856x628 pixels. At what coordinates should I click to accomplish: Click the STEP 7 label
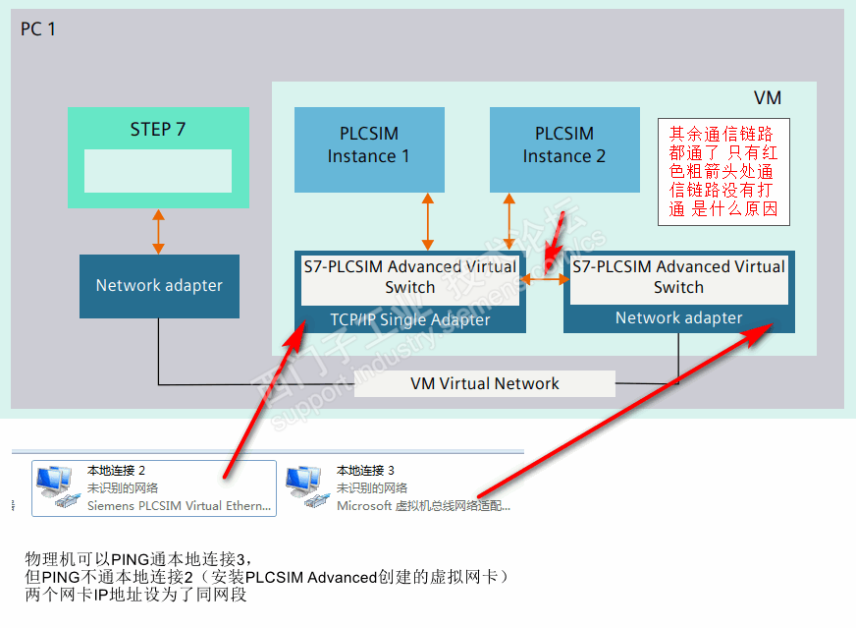coord(158,129)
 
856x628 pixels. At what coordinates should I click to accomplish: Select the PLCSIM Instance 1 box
coord(369,145)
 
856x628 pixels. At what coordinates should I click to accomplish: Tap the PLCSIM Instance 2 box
coord(563,145)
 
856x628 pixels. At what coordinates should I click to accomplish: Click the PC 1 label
coord(38,29)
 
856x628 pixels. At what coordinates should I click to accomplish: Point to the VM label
coord(768,98)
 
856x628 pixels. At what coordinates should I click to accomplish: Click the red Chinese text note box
coord(723,172)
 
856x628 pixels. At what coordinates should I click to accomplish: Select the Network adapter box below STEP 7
coord(159,286)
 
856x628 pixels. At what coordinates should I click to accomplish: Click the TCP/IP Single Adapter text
coord(409,319)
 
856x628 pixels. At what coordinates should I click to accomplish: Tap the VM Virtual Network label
coord(485,384)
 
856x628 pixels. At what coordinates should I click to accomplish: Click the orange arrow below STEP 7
coord(157,231)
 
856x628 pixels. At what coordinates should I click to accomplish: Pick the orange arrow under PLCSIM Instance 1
coord(428,221)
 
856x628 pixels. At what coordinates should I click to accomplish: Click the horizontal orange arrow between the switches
coord(546,279)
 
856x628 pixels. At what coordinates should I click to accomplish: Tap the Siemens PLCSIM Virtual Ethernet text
coord(179,506)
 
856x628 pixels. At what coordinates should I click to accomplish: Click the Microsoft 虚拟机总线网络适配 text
coord(423,506)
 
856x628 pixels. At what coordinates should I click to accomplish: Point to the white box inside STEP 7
coord(158,171)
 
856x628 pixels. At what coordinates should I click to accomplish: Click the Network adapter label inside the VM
coord(678,318)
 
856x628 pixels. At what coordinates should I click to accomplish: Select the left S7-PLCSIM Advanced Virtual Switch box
coord(409,277)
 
